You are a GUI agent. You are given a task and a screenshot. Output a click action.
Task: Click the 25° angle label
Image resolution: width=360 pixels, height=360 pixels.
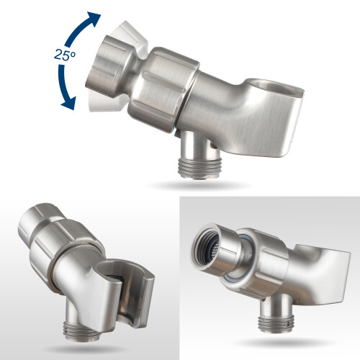64,55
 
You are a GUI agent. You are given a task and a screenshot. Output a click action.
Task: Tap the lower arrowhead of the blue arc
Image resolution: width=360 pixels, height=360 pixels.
68,103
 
